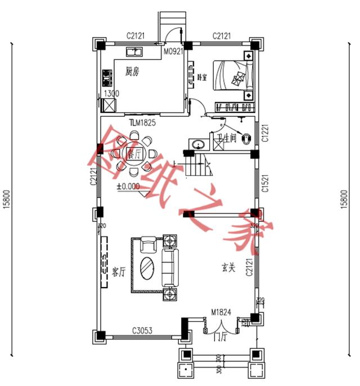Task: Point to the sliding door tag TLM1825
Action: point(142,122)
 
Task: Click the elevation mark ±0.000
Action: point(128,185)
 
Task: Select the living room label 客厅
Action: point(118,273)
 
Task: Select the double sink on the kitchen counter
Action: point(134,52)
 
